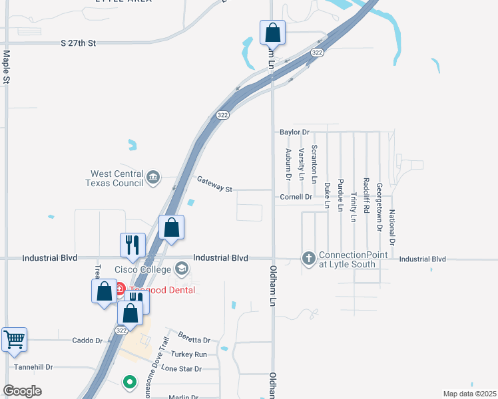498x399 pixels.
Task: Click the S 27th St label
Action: click(79, 43)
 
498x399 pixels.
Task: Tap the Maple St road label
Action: click(7, 67)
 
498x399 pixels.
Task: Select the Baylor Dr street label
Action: click(295, 132)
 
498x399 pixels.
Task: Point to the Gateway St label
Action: click(214, 184)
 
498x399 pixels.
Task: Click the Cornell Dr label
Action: click(296, 197)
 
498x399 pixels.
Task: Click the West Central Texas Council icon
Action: click(154, 177)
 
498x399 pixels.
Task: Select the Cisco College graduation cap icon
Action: click(181, 269)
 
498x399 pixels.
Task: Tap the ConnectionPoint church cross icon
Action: click(309, 258)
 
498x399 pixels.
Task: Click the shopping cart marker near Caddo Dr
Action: click(14, 339)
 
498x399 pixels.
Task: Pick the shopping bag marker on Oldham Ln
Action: click(272, 31)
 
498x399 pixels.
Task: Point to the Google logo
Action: click(22, 391)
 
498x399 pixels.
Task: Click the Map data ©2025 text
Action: click(469, 394)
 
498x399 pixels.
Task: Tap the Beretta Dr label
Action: click(194, 340)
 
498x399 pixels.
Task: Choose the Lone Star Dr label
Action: click(181, 368)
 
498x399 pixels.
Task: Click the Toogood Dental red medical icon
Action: click(120, 289)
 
